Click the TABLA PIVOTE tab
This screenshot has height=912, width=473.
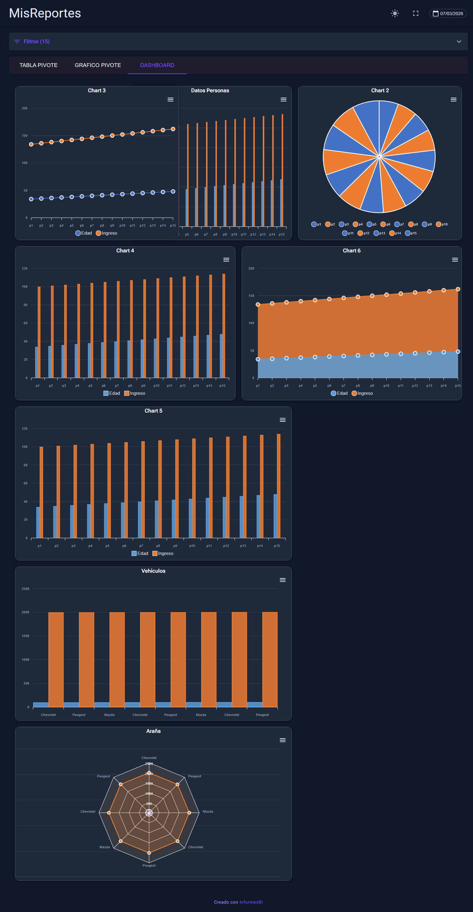(38, 65)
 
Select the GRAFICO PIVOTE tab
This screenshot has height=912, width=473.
(98, 65)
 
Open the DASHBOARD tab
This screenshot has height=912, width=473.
(157, 65)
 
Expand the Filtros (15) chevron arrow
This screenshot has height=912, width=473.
(459, 42)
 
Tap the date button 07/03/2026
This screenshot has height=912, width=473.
(448, 13)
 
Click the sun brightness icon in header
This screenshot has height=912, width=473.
(395, 13)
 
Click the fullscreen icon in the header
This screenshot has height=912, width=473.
(416, 13)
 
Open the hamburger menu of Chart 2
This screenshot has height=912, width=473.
(453, 99)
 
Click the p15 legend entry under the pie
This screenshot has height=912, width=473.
(411, 233)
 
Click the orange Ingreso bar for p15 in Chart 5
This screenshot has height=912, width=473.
(278, 486)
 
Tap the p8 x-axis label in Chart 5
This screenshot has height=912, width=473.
(158, 546)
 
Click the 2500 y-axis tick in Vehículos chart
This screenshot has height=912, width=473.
(26, 589)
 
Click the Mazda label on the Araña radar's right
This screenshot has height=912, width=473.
(208, 811)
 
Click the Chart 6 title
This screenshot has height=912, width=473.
(351, 251)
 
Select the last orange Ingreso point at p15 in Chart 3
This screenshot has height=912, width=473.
(173, 129)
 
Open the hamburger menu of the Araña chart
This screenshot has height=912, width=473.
(282, 740)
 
